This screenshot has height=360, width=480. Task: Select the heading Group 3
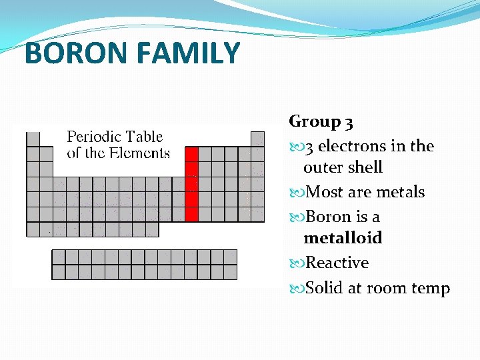click(x=321, y=121)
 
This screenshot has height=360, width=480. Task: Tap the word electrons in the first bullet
click(x=352, y=146)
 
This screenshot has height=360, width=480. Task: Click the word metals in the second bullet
click(x=400, y=192)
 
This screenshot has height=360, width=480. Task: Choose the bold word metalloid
click(x=343, y=238)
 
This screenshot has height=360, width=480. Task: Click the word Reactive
click(x=337, y=263)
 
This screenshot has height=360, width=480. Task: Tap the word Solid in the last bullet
click(x=325, y=288)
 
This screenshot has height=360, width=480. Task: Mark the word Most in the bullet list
click(x=324, y=192)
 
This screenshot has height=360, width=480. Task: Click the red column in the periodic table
click(x=191, y=184)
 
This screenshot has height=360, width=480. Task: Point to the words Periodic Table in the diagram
click(x=115, y=137)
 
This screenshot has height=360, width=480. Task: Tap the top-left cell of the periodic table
click(x=33, y=139)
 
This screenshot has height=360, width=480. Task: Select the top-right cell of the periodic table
click(x=257, y=139)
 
